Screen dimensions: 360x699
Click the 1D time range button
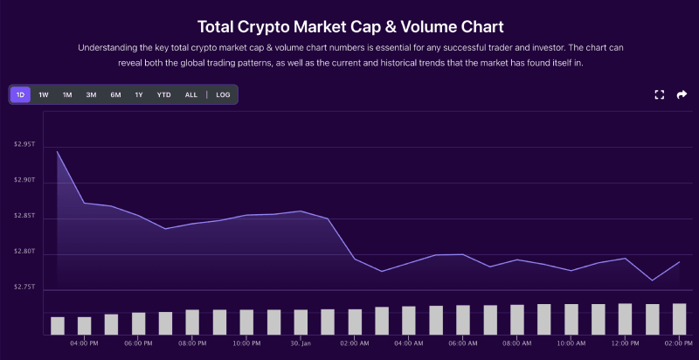pos(20,94)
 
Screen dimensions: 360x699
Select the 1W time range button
pos(44,94)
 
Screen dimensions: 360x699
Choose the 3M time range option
pos(91,94)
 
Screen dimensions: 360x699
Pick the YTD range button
pos(163,94)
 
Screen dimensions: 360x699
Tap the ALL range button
pos(190,94)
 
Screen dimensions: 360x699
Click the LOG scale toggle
pos(223,94)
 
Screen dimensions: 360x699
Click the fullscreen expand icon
pos(660,94)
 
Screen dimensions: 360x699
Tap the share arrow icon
pos(682,94)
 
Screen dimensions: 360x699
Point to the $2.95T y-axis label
pos(24,144)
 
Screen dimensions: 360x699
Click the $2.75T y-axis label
pos(24,287)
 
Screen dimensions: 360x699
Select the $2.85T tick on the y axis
pos(24,216)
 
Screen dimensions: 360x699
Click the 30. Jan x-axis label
pos(300,343)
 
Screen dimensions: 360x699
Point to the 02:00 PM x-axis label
pos(679,343)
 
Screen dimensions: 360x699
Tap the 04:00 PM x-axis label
pos(84,343)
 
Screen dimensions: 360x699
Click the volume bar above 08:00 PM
pos(192,322)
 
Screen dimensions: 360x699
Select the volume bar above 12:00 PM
pos(625,319)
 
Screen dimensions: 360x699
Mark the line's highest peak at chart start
pos(58,152)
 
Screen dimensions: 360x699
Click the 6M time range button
pos(115,94)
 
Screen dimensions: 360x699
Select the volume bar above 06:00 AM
pos(462,320)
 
